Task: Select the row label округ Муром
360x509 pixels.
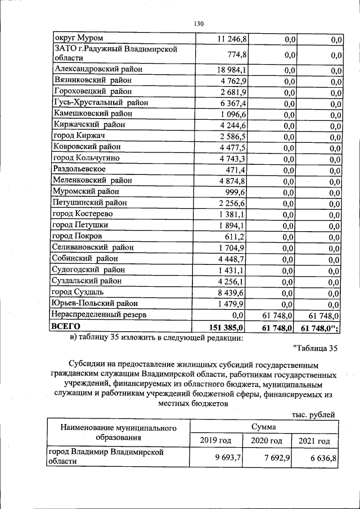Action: click(x=78, y=38)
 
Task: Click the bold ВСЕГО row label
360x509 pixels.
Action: click(x=66, y=326)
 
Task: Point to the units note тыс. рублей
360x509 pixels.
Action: click(x=314, y=415)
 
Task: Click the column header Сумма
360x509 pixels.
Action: click(x=264, y=427)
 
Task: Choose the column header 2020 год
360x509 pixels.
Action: click(x=266, y=441)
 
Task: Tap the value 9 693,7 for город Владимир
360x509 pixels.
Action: click(x=228, y=458)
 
